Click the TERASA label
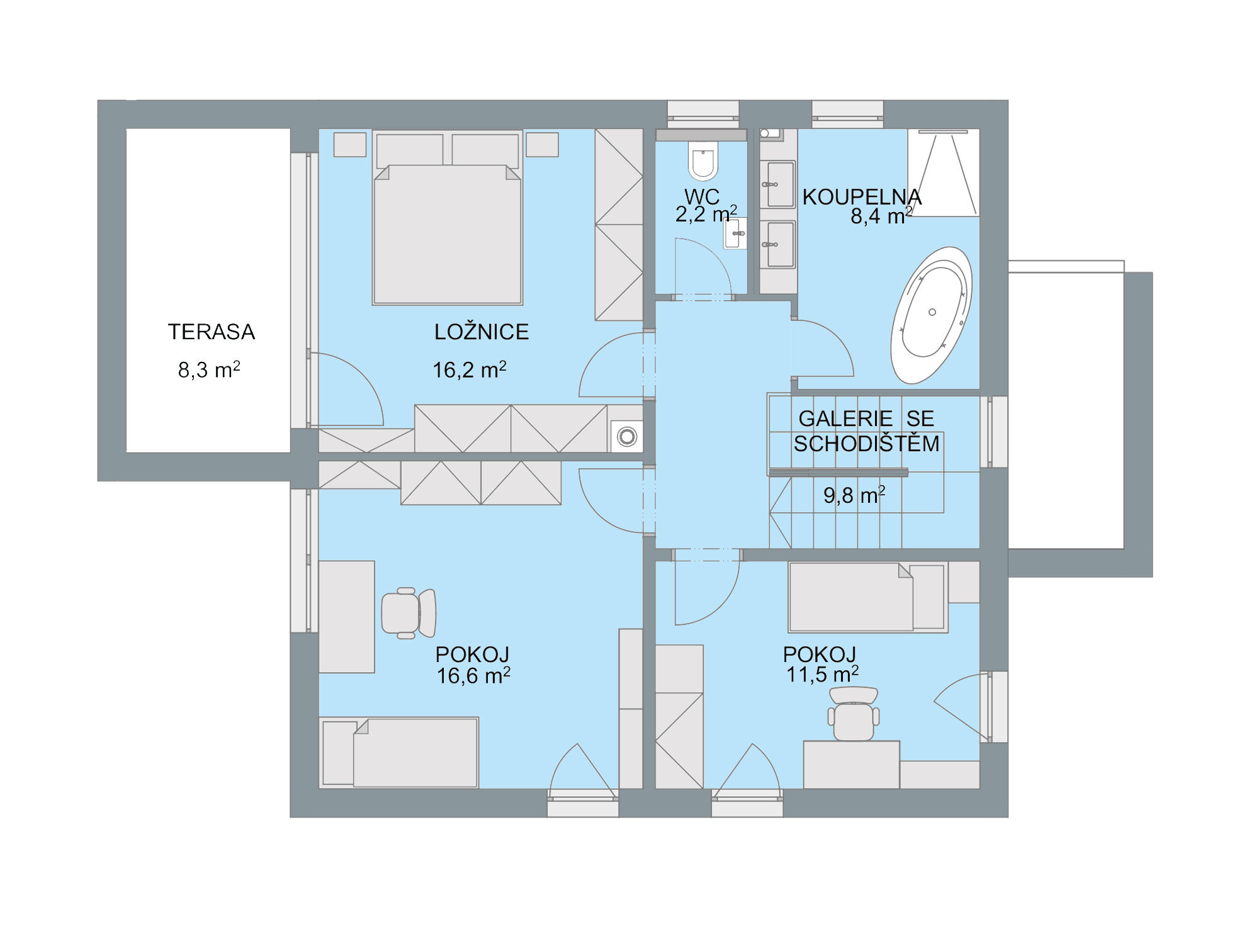211,332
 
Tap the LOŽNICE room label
482,332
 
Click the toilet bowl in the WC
703,161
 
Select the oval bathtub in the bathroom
932,315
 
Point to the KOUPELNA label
862,197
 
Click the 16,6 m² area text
473,675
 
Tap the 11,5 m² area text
822,674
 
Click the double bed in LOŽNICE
448,218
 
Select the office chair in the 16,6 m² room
409,613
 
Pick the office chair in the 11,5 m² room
854,714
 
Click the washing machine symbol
627,436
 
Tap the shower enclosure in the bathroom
944,173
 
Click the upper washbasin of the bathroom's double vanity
778,184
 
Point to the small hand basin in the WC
735,233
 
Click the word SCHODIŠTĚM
866,444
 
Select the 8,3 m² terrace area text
209,369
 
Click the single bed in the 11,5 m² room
868,597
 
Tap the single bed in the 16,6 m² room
399,753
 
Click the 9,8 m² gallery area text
854,495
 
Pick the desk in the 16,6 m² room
347,617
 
